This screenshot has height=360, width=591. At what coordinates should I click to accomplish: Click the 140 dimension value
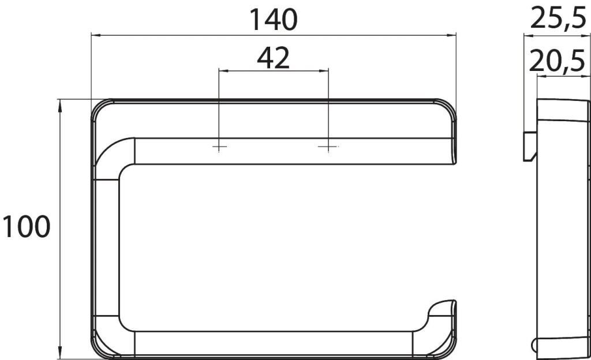(x=274, y=20)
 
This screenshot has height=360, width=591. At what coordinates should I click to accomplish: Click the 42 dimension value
(x=273, y=58)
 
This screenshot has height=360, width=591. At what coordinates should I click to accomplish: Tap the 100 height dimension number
(x=26, y=227)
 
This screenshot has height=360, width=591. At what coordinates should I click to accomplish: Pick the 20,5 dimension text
(x=557, y=61)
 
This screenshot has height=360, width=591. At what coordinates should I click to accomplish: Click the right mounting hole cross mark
(x=328, y=146)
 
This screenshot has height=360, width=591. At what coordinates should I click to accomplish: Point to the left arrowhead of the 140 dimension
(x=96, y=35)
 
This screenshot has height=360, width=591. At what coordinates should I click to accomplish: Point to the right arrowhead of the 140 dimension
(x=451, y=35)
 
